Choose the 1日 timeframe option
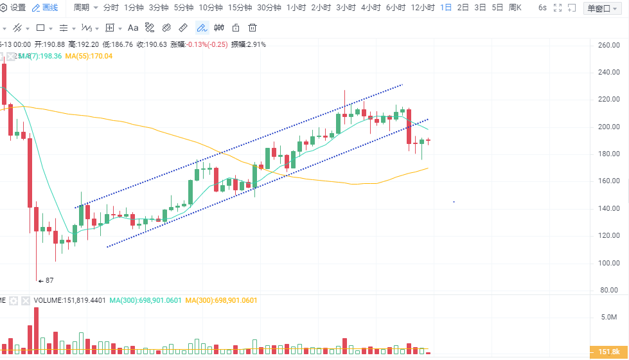click(445, 8)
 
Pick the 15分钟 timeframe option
click(240, 8)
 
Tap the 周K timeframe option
click(515, 8)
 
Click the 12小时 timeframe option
click(423, 8)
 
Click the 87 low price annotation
click(49, 280)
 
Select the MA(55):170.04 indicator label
click(93, 56)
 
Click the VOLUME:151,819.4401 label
click(70, 300)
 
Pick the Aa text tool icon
click(133, 28)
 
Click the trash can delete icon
click(252, 28)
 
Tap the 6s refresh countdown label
click(542, 8)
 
